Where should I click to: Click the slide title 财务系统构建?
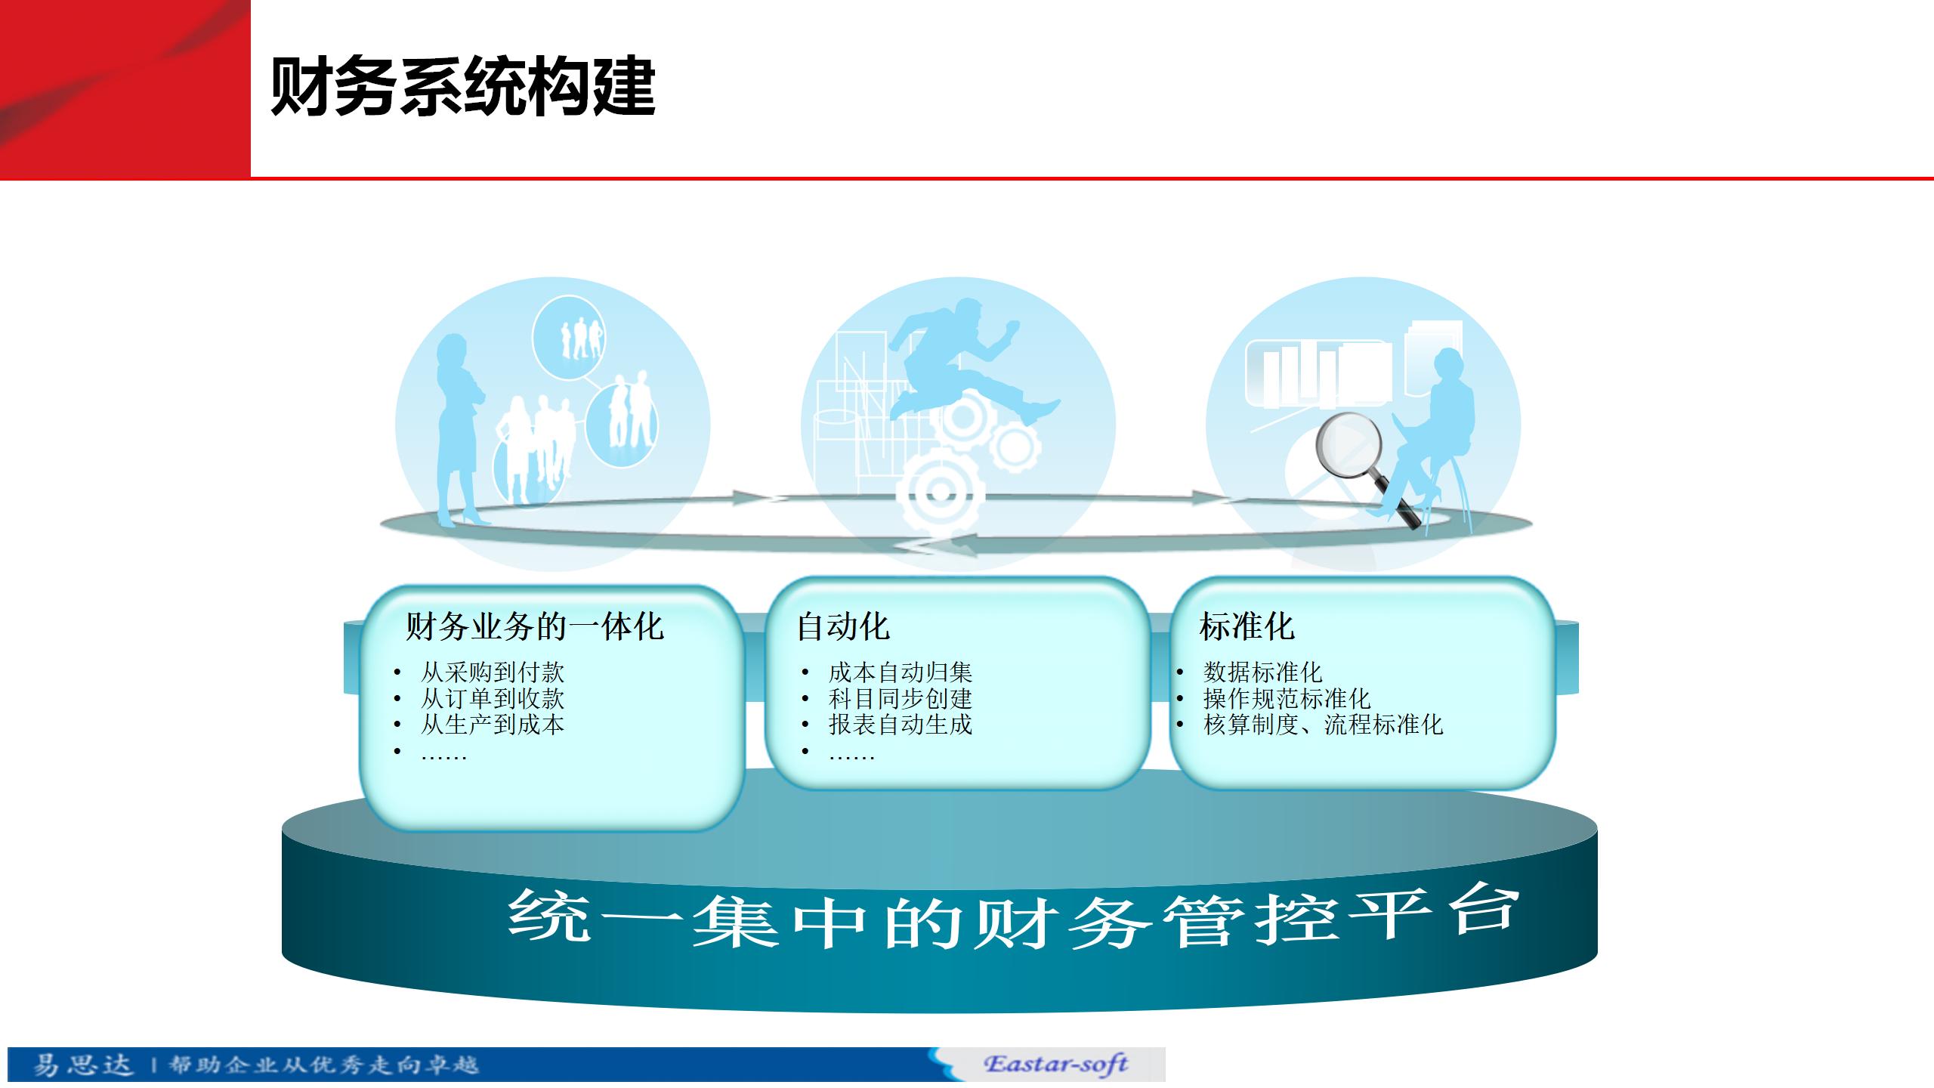pos(462,88)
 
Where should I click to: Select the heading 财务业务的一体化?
pos(535,626)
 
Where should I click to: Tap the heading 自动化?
pos(843,626)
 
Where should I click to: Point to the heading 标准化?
pos(1247,626)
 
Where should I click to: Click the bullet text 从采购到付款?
pos(493,672)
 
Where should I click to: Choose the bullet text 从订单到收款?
pos(493,698)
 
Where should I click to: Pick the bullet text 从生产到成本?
pos(493,725)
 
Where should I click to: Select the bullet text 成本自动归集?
pos(901,672)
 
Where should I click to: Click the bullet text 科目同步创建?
pos(901,698)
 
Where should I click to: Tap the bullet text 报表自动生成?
pos(901,725)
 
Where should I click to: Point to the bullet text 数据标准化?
pos(1262,672)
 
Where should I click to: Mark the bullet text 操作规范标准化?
pos(1287,698)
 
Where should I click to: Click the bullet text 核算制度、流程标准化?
pos(1323,725)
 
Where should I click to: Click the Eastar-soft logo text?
pos(1055,1064)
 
